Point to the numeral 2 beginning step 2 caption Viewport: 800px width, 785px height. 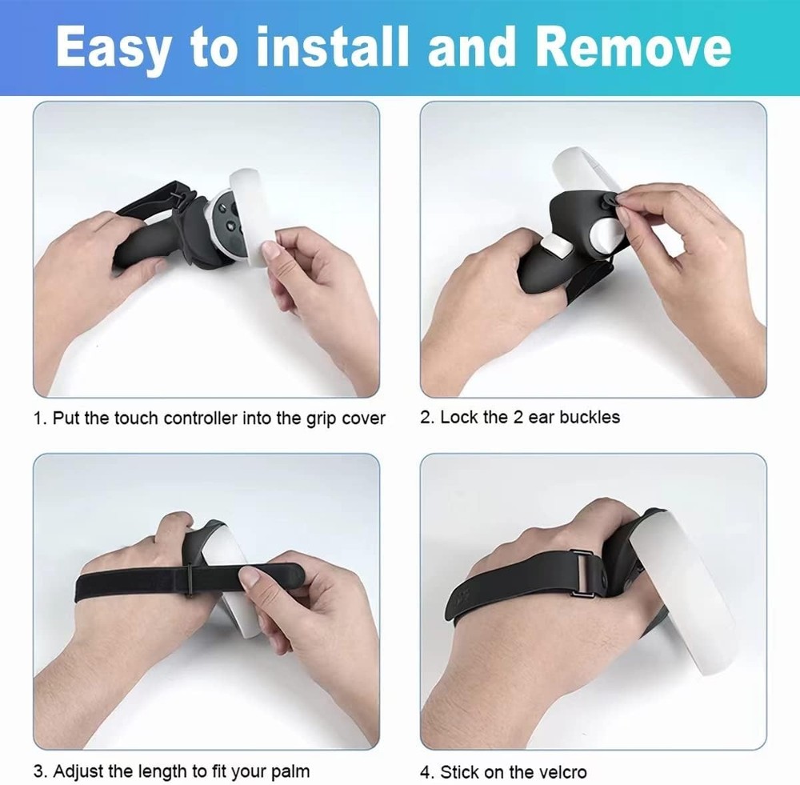[426, 417]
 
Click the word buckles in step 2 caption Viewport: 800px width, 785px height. [590, 417]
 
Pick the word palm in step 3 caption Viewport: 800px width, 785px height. [291, 772]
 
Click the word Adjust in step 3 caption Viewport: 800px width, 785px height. [81, 772]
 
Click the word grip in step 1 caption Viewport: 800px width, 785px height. [324, 419]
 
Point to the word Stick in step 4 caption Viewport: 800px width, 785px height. [459, 772]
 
